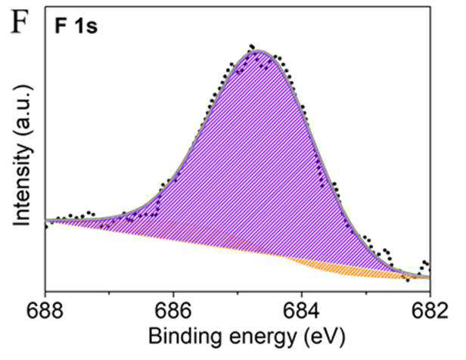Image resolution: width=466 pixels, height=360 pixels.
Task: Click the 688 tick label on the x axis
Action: pos(45,311)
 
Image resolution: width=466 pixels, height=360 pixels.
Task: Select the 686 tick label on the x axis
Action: pos(173,311)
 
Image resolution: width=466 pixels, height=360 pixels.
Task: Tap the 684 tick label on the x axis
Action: pos(302,311)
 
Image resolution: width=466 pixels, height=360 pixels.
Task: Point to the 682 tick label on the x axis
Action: pos(430,311)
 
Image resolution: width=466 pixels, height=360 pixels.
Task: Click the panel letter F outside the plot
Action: pos(20,21)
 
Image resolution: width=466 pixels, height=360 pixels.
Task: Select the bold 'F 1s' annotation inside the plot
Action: pos(76,26)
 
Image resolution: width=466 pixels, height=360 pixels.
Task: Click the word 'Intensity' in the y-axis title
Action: pos(22,185)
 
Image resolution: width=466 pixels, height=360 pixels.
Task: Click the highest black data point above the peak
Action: pos(251,46)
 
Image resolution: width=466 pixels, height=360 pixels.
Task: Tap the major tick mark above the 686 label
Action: pos(173,288)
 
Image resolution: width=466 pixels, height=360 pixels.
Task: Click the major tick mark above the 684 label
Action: pos(302,288)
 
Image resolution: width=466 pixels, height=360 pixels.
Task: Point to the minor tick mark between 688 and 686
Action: pos(110,290)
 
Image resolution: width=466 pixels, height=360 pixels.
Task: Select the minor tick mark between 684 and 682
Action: pos(366,290)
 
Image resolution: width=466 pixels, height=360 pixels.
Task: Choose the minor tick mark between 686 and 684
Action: pos(238,290)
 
